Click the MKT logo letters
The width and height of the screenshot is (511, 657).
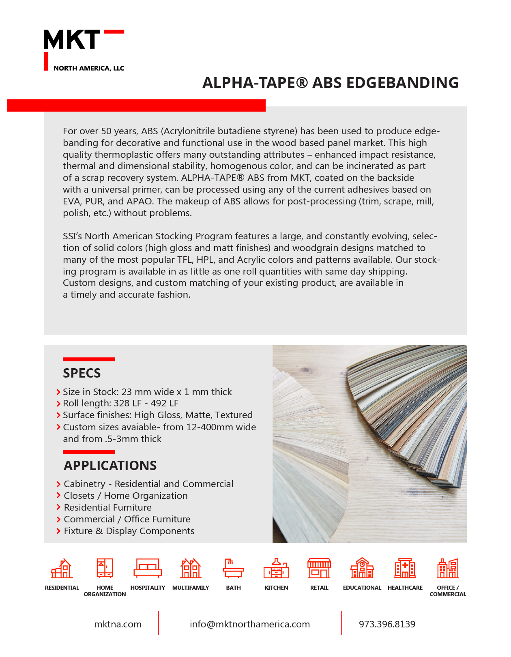[72, 40]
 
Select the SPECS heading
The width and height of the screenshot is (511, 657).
[82, 373]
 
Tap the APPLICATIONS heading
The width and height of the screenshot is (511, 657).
[110, 466]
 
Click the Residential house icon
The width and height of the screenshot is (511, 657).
[62, 568]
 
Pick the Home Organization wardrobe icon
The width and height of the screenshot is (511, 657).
[105, 568]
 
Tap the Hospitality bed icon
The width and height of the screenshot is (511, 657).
[148, 568]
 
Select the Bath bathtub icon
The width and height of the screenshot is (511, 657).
[233, 568]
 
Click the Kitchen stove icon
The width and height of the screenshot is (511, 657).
[276, 568]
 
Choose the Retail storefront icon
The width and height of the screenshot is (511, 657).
[319, 568]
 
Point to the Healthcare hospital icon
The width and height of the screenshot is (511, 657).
[405, 568]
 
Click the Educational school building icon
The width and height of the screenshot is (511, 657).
[362, 568]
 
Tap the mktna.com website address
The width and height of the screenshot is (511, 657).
[118, 624]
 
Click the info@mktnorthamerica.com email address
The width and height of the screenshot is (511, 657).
[250, 624]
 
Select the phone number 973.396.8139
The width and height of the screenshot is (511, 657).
[387, 624]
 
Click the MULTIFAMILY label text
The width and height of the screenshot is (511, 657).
[191, 588]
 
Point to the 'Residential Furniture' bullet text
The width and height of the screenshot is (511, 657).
[108, 507]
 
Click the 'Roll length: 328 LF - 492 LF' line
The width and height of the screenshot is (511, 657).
[120, 403]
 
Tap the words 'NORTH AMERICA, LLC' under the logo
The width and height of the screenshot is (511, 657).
[89, 68]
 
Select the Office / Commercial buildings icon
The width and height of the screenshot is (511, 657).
[448, 568]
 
